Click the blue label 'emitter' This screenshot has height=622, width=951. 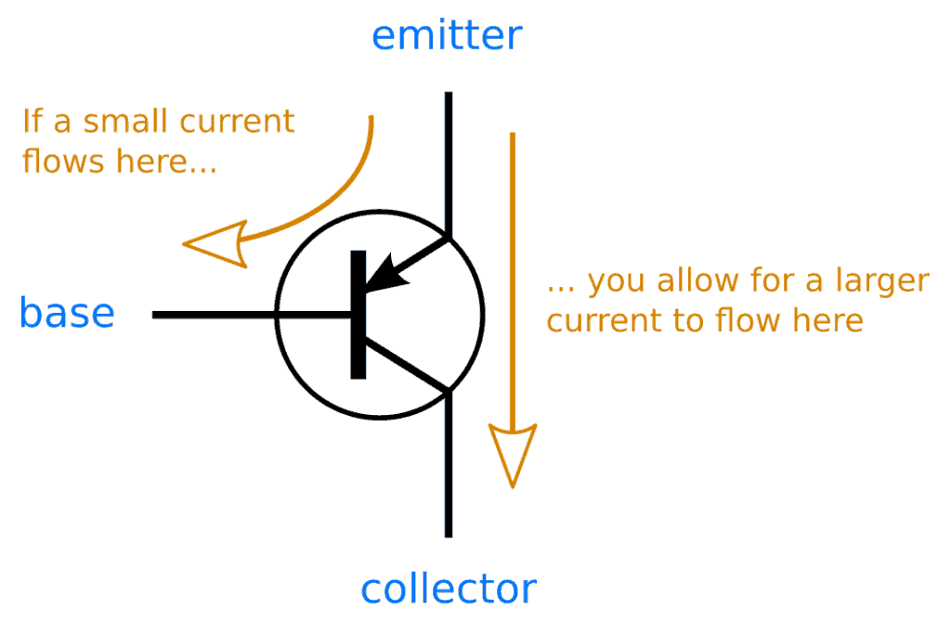(447, 35)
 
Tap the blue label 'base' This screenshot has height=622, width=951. (67, 314)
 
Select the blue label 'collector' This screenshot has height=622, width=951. (448, 589)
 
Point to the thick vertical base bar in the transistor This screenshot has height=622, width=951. (358, 315)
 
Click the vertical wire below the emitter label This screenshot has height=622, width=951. (449, 158)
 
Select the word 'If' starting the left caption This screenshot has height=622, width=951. (33, 122)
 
